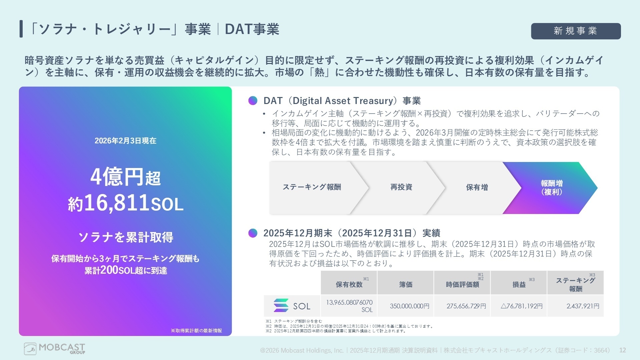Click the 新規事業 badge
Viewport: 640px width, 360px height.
click(x=576, y=31)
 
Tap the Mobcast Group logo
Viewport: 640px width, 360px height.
click(x=55, y=349)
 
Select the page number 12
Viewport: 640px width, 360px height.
click(x=622, y=350)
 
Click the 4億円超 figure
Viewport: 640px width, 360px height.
click(x=125, y=177)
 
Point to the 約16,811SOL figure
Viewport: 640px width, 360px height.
click(x=125, y=203)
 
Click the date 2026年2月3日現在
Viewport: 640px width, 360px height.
click(x=125, y=141)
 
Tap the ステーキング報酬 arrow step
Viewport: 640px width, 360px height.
click(x=312, y=187)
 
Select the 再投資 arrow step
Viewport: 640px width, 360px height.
click(x=401, y=187)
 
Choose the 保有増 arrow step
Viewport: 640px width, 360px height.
click(x=477, y=187)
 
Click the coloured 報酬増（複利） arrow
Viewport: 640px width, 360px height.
click(x=552, y=188)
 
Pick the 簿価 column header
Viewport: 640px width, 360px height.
click(x=406, y=284)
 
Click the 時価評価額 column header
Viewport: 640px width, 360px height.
click(x=462, y=284)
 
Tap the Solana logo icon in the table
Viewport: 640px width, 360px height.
click(x=281, y=305)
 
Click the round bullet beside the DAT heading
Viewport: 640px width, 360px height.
click(x=253, y=101)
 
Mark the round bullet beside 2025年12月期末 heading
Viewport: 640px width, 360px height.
click(x=253, y=233)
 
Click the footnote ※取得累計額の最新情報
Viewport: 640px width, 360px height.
click(x=196, y=331)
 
